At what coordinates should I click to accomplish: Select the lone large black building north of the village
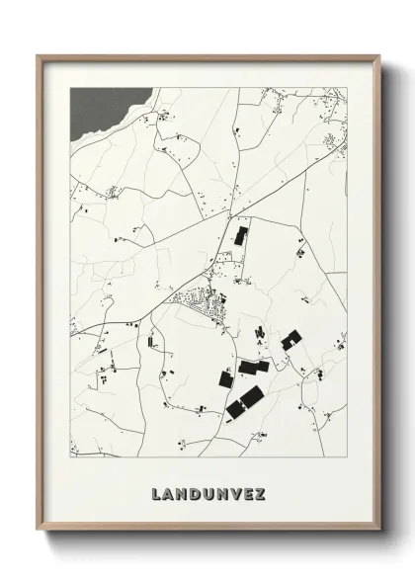click(x=241, y=235)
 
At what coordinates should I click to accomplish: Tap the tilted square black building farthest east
click(x=290, y=341)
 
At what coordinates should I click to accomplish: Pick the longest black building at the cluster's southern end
click(x=245, y=401)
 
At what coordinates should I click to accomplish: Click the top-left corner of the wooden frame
click(x=39, y=56)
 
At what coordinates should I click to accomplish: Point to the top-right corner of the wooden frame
click(x=379, y=56)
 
